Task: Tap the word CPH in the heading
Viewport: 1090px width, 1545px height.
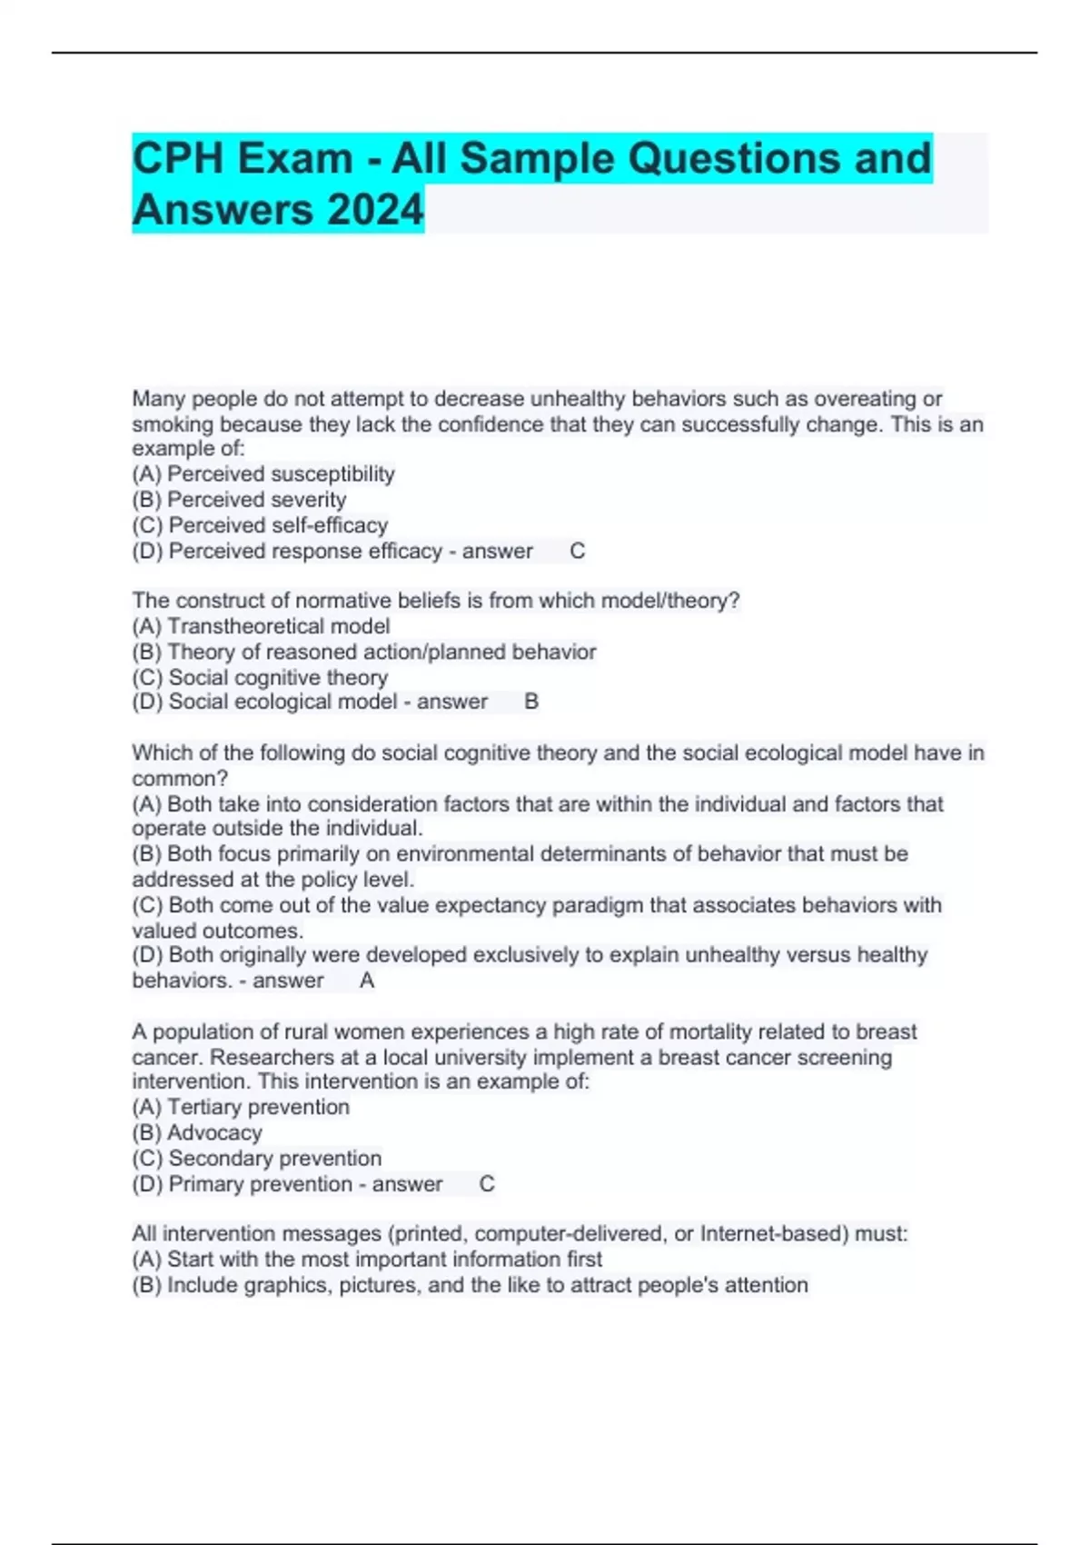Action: click(178, 158)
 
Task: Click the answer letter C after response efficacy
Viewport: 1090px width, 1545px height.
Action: click(577, 551)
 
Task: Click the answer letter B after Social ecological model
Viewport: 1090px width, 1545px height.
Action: click(531, 702)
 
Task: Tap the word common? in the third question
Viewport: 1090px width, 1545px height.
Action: click(180, 779)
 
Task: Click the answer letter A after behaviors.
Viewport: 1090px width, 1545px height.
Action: click(367, 981)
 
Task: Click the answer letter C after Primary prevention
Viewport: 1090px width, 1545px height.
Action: click(487, 1184)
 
